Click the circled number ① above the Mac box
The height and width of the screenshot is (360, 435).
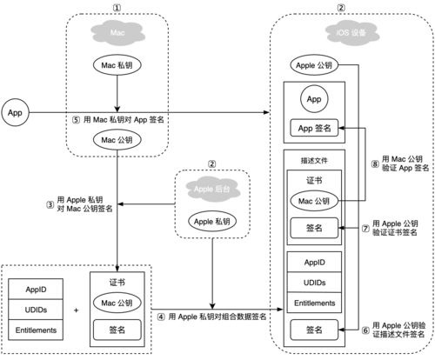(x=117, y=7)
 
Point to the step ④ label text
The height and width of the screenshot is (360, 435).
(x=217, y=317)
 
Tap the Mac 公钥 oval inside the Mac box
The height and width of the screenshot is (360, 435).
(x=117, y=140)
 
